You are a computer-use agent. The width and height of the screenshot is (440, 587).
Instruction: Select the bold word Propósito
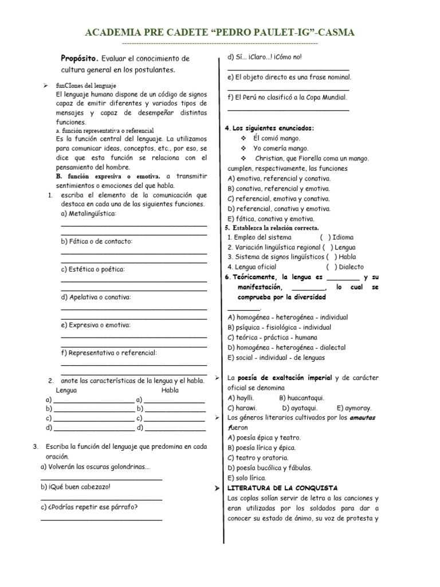(x=80, y=58)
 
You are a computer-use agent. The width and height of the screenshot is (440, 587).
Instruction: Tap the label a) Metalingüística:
(x=89, y=214)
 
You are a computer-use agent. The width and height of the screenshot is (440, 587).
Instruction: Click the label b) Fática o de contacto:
(x=96, y=241)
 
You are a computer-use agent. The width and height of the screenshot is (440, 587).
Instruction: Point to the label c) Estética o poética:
(x=93, y=269)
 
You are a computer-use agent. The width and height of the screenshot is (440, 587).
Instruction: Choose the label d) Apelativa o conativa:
(x=96, y=297)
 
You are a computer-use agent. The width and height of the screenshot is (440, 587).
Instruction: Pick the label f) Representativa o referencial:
(x=108, y=353)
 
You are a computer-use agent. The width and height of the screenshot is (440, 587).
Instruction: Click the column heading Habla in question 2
(x=170, y=390)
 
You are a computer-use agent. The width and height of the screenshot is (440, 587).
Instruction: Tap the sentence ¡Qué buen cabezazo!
(x=75, y=487)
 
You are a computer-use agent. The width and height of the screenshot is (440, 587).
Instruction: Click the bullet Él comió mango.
(x=276, y=138)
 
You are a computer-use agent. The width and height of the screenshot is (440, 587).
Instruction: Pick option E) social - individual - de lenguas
(x=276, y=357)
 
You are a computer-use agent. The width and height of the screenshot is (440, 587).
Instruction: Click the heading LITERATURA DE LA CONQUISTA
(x=283, y=488)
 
